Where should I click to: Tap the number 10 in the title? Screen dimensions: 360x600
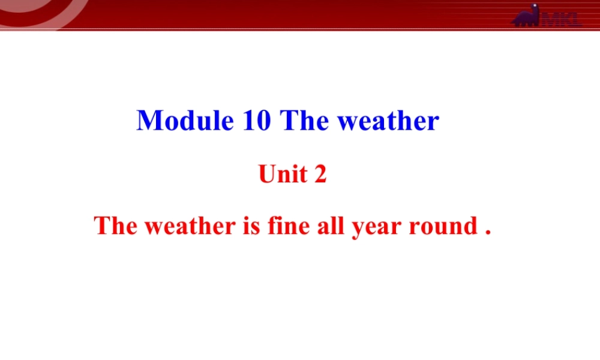pyautogui.click(x=257, y=121)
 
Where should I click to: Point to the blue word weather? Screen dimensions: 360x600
pyautogui.click(x=388, y=121)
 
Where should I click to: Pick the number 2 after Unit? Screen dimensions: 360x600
pyautogui.click(x=320, y=175)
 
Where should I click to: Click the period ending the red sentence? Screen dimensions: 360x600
pyautogui.click(x=488, y=232)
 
